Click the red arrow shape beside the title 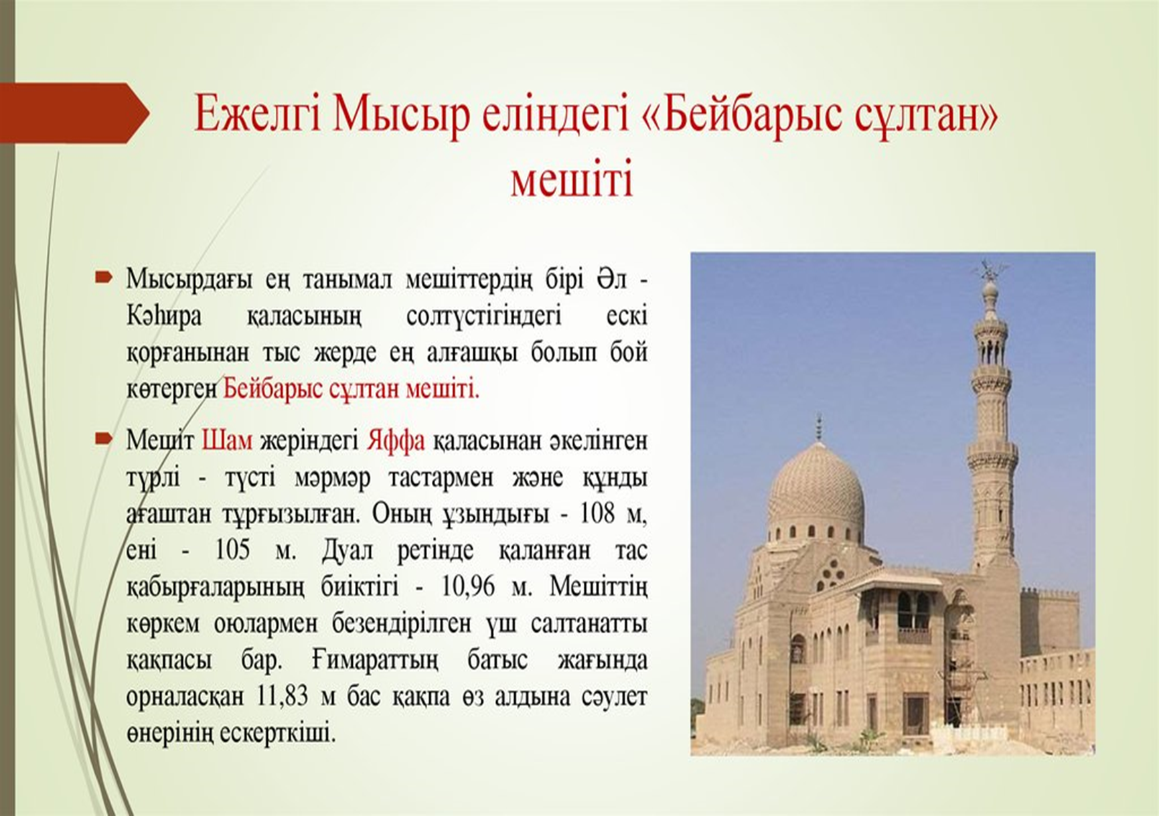click(x=74, y=113)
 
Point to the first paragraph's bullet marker click(x=103, y=276)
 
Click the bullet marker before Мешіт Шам click(x=103, y=438)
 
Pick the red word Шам click(x=227, y=441)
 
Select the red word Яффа click(x=396, y=441)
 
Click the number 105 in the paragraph click(x=232, y=550)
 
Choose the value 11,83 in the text click(x=282, y=696)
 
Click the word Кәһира click(x=164, y=315)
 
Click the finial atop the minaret click(x=989, y=270)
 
